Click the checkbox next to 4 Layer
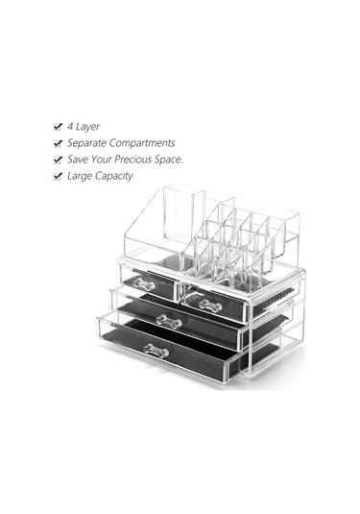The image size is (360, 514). click(x=58, y=127)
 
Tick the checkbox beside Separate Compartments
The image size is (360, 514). click(x=58, y=143)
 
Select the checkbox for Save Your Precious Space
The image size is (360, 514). click(x=58, y=160)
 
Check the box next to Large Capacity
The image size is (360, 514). click(x=58, y=177)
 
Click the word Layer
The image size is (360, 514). click(x=87, y=127)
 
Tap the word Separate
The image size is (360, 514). click(x=86, y=143)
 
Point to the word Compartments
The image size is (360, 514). click(x=142, y=143)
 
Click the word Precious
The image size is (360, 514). click(x=133, y=159)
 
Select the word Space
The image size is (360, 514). click(x=169, y=159)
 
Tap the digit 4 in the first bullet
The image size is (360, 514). click(x=70, y=127)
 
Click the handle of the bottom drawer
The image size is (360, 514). click(x=156, y=351)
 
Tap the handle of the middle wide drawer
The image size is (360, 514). click(x=169, y=321)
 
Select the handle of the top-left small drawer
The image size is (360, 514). click(x=143, y=283)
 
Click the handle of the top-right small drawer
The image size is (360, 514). click(x=210, y=306)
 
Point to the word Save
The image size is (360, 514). click(x=78, y=159)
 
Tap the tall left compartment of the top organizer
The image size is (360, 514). click(x=154, y=226)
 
